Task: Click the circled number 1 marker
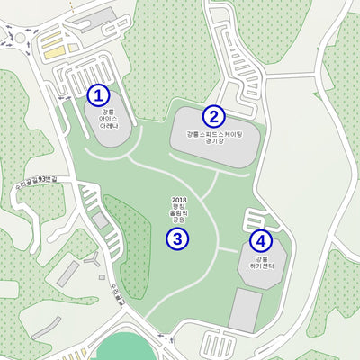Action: [98, 94]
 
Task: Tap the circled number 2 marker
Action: [213, 116]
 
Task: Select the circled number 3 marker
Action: [177, 239]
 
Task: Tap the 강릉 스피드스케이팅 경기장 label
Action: [214, 138]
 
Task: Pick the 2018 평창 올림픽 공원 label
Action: [177, 209]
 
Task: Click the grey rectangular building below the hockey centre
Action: [244, 309]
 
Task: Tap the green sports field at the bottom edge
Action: [124, 349]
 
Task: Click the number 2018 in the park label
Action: [177, 198]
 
